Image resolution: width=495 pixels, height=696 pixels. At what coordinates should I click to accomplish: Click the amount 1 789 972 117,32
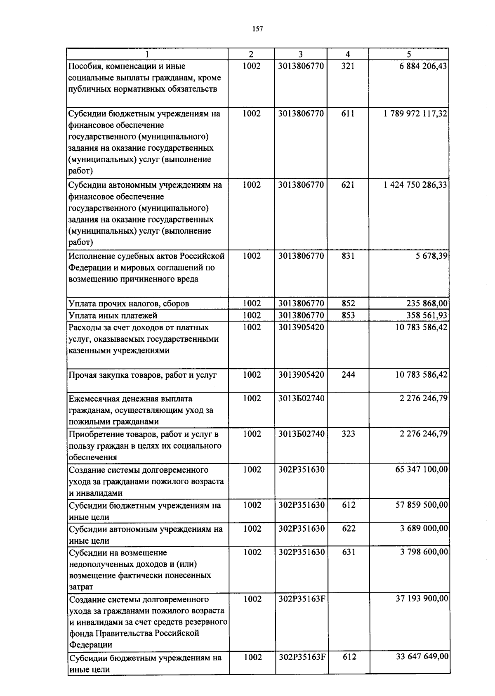point(415,114)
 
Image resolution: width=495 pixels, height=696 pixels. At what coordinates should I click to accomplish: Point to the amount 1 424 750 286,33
point(415,185)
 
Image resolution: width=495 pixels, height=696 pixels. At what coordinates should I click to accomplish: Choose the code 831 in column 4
point(348,256)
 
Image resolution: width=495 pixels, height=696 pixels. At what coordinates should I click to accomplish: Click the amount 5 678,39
point(431,256)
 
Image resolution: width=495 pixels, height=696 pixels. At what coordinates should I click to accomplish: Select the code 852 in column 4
point(348,303)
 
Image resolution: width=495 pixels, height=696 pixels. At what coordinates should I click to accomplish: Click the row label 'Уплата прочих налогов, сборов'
point(129,304)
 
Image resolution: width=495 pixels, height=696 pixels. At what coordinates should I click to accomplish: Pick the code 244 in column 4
point(348,375)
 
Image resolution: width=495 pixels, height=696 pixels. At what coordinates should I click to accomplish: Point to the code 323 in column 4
point(348,434)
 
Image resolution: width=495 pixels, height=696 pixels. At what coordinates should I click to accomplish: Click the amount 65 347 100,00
point(422,470)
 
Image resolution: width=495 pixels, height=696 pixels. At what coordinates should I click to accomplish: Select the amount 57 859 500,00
point(422,505)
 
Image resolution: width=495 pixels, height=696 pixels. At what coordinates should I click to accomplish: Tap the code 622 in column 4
point(349,529)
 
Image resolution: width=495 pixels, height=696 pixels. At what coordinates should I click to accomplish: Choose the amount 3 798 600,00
point(424,552)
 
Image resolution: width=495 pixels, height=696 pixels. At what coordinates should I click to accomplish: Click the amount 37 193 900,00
point(422,599)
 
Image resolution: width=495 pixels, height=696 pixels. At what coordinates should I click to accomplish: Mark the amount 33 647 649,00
point(422,657)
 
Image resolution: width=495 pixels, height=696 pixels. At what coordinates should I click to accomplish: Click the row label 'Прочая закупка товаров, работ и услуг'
point(143,375)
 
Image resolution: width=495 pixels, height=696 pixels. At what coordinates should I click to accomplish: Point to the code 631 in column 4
point(349,552)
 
